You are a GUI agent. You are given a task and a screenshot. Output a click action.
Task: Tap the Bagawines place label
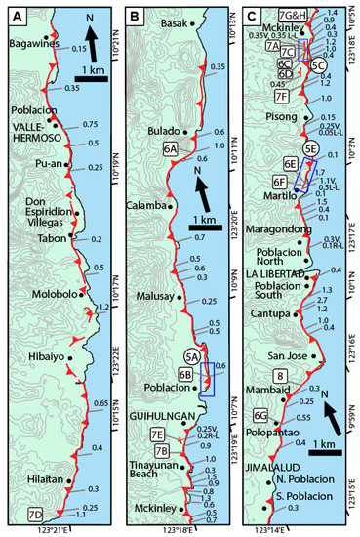coord(32,44)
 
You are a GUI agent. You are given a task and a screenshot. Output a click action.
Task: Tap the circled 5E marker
coord(310,147)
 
